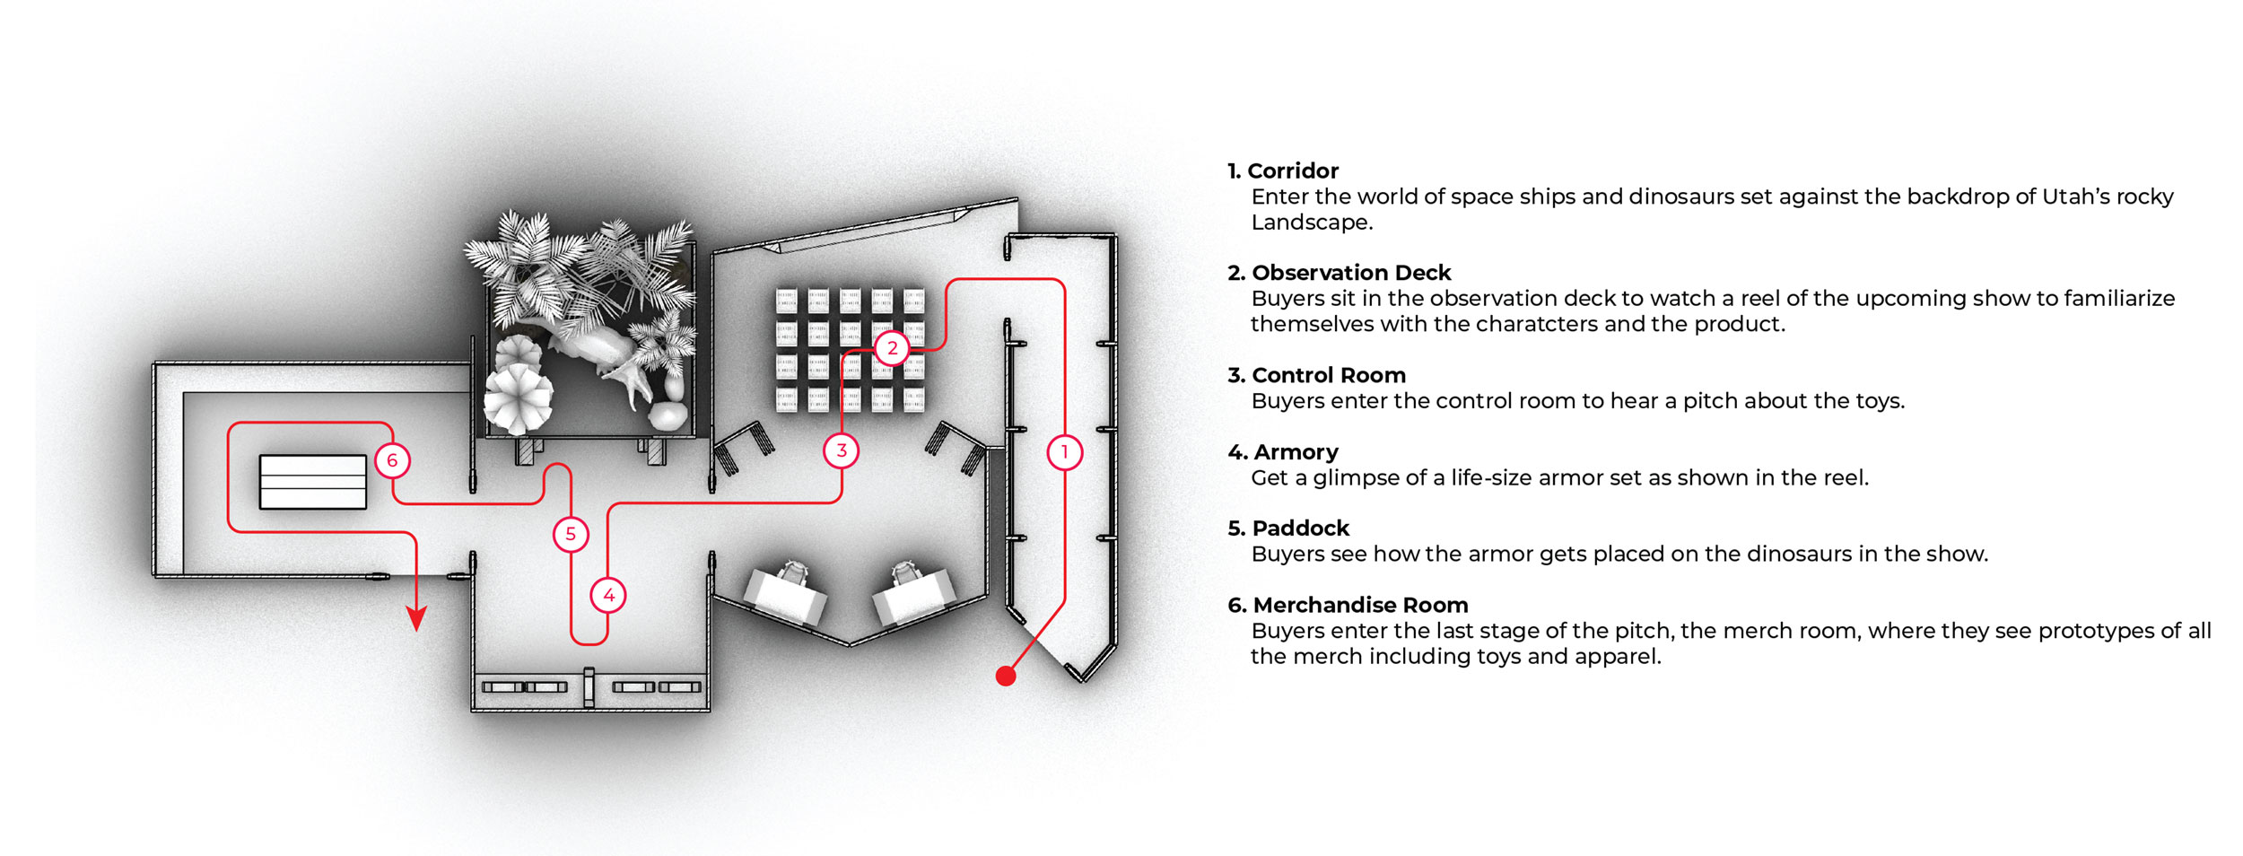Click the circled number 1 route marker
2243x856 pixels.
(1065, 452)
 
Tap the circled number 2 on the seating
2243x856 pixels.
(892, 348)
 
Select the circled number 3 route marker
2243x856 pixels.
(842, 450)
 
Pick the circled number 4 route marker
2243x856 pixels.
(608, 595)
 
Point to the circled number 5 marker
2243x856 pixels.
(571, 535)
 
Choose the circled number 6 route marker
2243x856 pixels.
(392, 461)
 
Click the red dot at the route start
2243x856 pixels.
(1006, 677)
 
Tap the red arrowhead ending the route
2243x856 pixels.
(416, 618)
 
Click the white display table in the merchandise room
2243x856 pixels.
(313, 482)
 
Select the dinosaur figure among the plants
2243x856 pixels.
(601, 359)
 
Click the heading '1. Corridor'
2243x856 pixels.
(1283, 170)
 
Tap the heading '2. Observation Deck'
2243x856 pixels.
(1340, 273)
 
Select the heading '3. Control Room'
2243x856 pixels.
(1317, 375)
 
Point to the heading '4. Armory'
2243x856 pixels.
(1283, 452)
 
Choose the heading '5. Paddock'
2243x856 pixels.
(1288, 528)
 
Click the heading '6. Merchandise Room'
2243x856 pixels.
(1348, 606)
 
